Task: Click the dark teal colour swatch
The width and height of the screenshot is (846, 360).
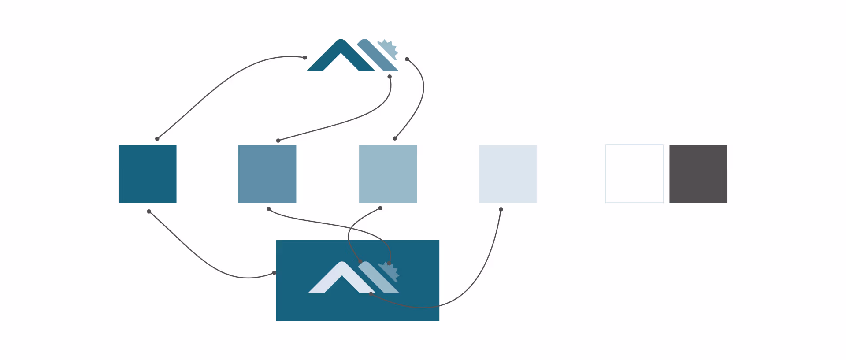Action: coord(147,174)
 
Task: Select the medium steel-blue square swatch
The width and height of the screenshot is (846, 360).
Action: coord(267,174)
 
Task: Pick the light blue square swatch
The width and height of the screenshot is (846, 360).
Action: coord(388,174)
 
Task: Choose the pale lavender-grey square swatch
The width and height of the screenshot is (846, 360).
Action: coord(508,174)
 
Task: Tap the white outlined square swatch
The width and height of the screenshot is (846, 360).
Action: coord(634,174)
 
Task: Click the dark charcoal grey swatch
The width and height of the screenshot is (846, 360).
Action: coord(698,174)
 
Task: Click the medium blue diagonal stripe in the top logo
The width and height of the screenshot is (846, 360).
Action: coord(377,55)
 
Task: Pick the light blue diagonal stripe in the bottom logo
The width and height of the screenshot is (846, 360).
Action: coord(379,278)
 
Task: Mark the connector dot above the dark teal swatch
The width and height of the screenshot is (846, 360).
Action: coord(157,139)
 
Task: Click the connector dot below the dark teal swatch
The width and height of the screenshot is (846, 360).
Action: coord(149,212)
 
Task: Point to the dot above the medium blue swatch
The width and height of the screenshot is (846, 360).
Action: coord(278,141)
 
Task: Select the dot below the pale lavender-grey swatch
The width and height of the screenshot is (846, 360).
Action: coord(501,209)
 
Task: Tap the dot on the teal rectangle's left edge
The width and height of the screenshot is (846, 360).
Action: coord(274,273)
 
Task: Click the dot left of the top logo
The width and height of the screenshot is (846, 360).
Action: coord(305,58)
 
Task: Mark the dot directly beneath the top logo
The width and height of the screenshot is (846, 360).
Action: coord(390,77)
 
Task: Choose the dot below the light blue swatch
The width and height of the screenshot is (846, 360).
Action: coord(380,208)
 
